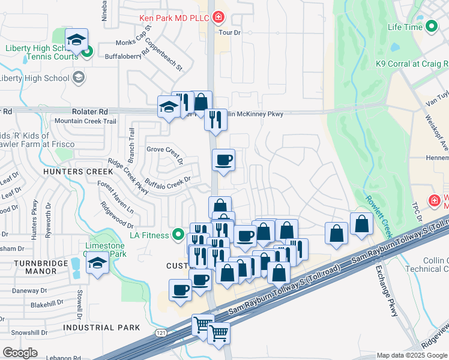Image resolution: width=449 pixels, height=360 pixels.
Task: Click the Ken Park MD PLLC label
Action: point(173,18)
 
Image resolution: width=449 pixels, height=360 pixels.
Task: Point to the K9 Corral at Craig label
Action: point(412,64)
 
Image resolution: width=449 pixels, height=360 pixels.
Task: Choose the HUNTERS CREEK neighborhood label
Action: point(74,172)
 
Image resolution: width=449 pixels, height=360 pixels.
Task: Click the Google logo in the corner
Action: point(20,353)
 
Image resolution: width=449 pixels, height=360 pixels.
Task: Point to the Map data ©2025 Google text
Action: point(412,355)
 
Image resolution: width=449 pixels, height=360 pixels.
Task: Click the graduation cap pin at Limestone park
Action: point(98,263)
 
